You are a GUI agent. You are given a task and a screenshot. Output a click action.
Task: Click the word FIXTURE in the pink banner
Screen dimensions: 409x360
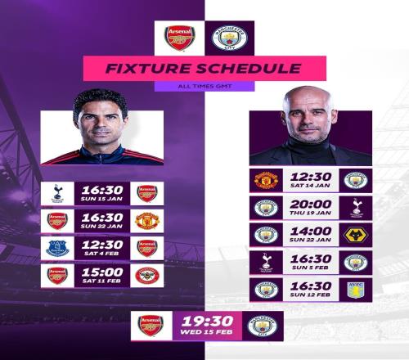[x=148, y=69]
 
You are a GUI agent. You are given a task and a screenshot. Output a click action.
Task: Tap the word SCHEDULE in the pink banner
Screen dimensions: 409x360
[x=249, y=69]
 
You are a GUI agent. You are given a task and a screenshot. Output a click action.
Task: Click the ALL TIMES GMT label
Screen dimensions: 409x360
[x=204, y=87]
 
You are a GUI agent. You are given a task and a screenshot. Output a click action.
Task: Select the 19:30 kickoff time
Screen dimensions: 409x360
[x=208, y=322]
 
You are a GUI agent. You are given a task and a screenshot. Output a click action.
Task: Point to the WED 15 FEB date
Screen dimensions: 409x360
[x=206, y=332]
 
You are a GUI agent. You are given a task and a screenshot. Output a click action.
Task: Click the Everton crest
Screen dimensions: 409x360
[x=57, y=248]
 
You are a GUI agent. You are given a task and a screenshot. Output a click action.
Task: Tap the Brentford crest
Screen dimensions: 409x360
[x=147, y=276]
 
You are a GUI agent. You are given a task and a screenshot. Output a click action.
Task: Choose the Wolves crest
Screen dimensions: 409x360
[x=356, y=235]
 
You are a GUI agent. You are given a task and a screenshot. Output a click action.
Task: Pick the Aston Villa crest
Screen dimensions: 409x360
[x=356, y=290]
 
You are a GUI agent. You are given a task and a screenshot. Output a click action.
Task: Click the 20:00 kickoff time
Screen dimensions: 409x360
[x=311, y=205]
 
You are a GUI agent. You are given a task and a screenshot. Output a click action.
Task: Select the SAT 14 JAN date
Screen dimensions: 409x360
[x=310, y=186]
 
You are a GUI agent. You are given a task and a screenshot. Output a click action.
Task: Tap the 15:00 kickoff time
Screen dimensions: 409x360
[x=102, y=272]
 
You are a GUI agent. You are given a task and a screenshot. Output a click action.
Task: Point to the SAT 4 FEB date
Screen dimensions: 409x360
[x=101, y=254]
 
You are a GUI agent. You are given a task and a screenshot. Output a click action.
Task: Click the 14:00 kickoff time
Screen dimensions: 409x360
[x=311, y=232]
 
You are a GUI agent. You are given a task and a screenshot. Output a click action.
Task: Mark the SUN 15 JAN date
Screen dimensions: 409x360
[x=101, y=199]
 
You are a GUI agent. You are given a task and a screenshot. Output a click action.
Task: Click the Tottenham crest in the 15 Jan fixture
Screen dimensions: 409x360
[x=57, y=193]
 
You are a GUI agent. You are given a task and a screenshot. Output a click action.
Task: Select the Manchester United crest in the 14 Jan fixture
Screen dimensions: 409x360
[x=266, y=180]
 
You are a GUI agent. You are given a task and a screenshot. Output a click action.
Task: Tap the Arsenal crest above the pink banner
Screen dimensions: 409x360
[x=179, y=38]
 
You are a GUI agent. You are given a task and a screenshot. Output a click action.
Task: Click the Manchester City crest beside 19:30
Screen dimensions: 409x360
[x=263, y=326]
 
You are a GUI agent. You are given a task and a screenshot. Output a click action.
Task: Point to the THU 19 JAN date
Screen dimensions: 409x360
[x=310, y=213]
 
